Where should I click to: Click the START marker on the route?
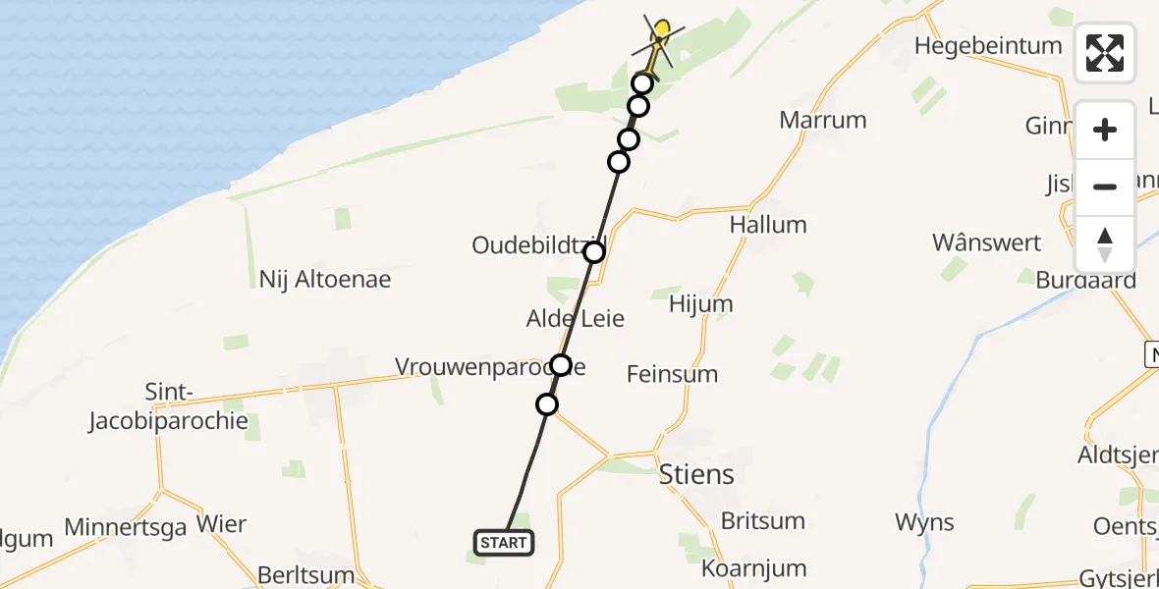pyautogui.click(x=504, y=542)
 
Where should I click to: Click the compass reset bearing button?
pyautogui.click(x=1105, y=244)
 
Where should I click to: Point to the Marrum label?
pyautogui.click(x=823, y=120)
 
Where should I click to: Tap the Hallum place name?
pyautogui.click(x=768, y=224)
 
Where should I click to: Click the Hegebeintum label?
pyautogui.click(x=988, y=45)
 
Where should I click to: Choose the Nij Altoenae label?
pyautogui.click(x=324, y=279)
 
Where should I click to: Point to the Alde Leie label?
pyautogui.click(x=576, y=318)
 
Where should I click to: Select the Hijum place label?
pyautogui.click(x=700, y=303)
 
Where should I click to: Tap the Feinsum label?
pyautogui.click(x=673, y=373)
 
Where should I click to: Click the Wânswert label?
pyautogui.click(x=987, y=241)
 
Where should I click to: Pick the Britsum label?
pyautogui.click(x=762, y=520)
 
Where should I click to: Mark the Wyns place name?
pyautogui.click(x=924, y=522)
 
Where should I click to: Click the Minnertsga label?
pyautogui.click(x=125, y=527)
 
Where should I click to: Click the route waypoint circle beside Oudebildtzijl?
pyautogui.click(x=594, y=252)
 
